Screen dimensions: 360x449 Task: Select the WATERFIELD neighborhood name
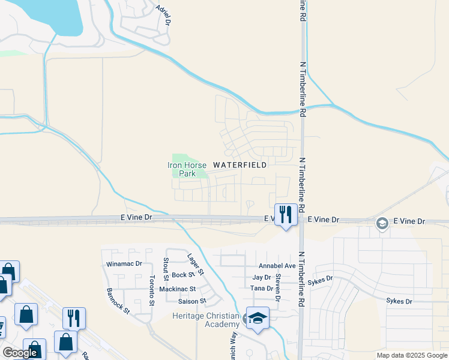click(x=240, y=165)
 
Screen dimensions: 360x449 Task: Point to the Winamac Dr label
click(x=124, y=263)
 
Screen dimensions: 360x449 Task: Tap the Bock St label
click(x=183, y=275)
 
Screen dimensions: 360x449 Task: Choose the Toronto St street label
click(x=152, y=290)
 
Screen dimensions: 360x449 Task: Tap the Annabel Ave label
click(x=277, y=266)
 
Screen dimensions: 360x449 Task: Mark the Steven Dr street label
click(x=278, y=289)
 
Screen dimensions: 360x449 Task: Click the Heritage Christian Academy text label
click(x=206, y=320)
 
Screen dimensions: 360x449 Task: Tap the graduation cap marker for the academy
click(x=258, y=319)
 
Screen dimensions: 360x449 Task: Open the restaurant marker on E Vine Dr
click(x=286, y=214)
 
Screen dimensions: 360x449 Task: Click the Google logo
click(x=20, y=353)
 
